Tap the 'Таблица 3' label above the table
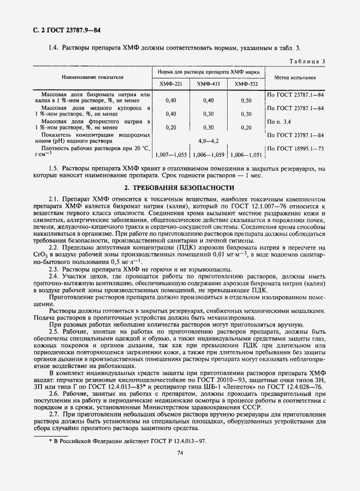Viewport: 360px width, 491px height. [x=308, y=61]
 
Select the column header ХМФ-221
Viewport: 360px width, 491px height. [x=170, y=84]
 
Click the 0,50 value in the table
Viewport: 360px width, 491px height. [x=246, y=100]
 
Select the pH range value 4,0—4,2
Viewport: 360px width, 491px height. [x=208, y=140]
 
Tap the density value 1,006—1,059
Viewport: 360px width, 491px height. [x=208, y=154]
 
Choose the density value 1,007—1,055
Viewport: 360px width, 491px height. [x=170, y=154]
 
